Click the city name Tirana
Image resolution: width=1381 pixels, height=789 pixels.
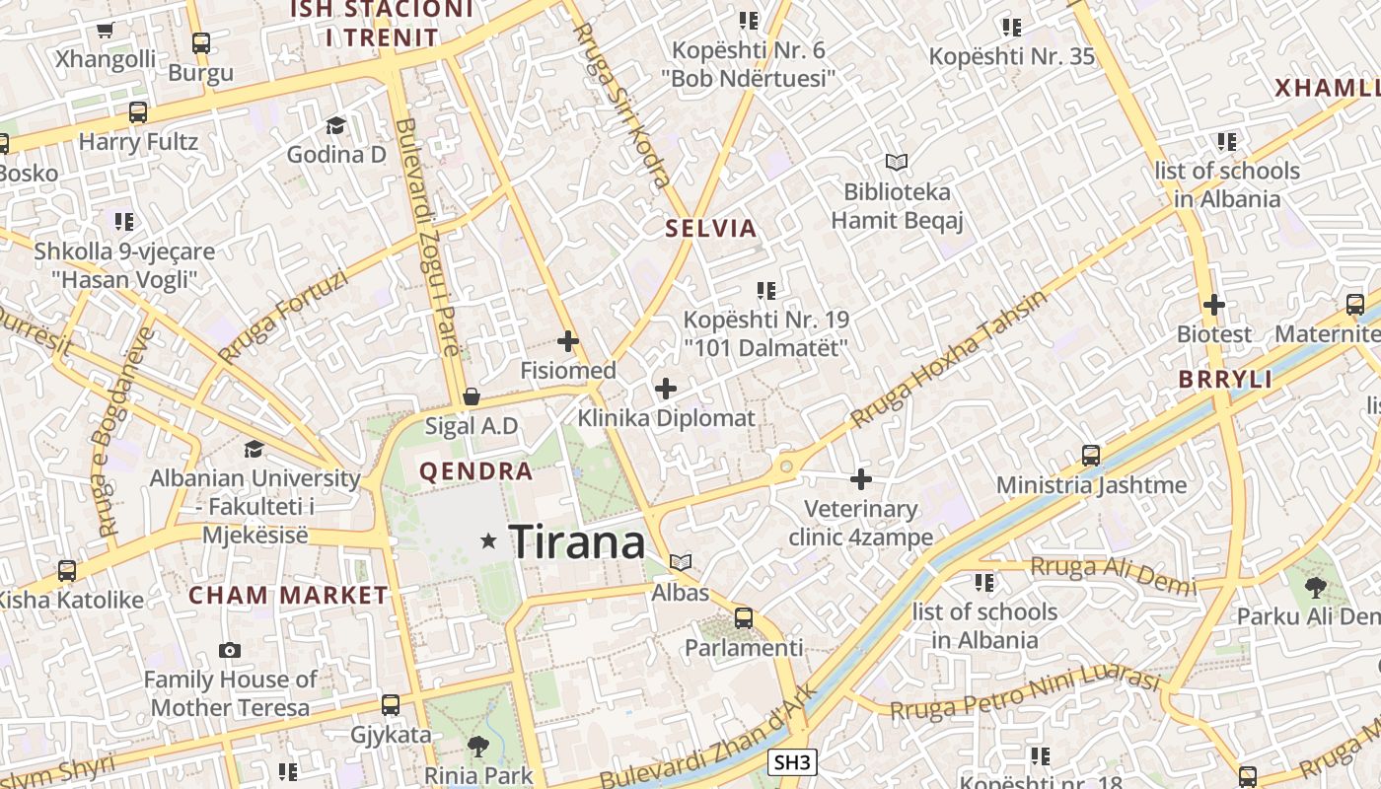[x=577, y=541]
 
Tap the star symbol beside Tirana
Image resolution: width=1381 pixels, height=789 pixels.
[x=488, y=540]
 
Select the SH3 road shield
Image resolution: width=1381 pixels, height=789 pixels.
[x=792, y=762]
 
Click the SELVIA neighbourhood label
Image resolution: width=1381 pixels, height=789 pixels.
[x=711, y=229]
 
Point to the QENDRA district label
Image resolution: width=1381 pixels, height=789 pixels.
[x=476, y=471]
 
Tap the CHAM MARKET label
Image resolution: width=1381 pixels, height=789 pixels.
[x=288, y=595]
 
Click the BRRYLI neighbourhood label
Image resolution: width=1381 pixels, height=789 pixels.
[x=1225, y=380]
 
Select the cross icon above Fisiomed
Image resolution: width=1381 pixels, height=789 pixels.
[x=568, y=342]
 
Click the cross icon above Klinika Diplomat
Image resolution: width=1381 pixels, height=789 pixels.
[x=666, y=389]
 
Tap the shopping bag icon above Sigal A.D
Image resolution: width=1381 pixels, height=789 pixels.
[x=472, y=396]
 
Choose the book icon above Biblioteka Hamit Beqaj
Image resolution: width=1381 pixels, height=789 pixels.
[x=896, y=162]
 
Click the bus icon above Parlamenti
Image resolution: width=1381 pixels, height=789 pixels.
[x=744, y=618]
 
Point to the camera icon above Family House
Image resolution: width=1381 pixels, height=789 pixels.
[x=230, y=650]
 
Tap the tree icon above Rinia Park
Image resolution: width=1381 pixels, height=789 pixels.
[x=478, y=746]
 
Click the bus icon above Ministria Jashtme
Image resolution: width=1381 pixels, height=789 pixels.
[x=1091, y=455]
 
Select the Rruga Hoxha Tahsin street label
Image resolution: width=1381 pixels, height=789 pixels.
[x=947, y=359]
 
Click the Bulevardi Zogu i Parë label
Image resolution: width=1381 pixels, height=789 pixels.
[x=427, y=237]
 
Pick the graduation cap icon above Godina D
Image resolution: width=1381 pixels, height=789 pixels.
[x=336, y=125]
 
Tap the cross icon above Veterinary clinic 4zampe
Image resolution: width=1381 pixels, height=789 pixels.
[x=861, y=479]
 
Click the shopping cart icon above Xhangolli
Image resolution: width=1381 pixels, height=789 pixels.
[x=106, y=30]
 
